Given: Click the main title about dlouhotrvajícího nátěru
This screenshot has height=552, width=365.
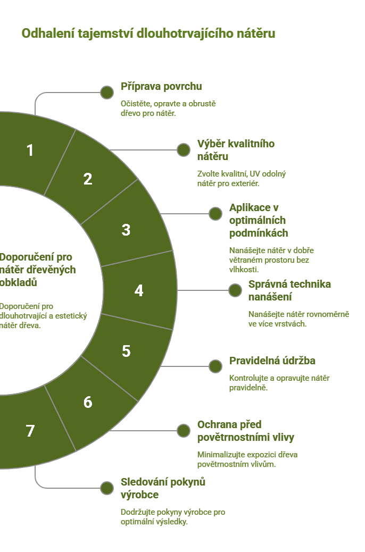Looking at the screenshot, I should (x=148, y=34).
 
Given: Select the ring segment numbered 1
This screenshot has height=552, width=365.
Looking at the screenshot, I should (x=32, y=150).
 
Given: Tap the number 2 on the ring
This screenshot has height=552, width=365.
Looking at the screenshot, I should (x=88, y=179).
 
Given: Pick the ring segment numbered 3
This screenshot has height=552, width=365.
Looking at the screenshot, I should (x=126, y=230).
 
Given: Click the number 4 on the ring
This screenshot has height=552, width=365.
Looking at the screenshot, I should (x=139, y=290).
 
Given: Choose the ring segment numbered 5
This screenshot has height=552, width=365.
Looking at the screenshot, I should (x=126, y=351).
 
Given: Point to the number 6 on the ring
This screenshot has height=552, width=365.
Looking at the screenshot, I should (x=88, y=402).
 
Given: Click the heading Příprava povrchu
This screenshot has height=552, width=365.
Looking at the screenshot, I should (x=161, y=86).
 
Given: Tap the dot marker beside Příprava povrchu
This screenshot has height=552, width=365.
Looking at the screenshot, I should (x=107, y=93).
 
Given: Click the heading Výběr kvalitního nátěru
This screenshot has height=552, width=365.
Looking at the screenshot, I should (x=236, y=150).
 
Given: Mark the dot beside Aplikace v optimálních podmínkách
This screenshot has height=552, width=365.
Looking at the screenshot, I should (x=215, y=214).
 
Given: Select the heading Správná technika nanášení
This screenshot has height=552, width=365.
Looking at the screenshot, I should (x=290, y=290).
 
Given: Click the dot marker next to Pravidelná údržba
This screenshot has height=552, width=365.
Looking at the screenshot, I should (x=215, y=366).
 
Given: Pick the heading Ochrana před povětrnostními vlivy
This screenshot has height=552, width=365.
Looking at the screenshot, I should (x=246, y=431).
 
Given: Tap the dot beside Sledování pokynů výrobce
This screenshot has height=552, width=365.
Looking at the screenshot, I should (x=107, y=488).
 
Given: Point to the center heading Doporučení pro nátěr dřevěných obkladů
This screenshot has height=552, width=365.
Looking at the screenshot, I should (x=37, y=270).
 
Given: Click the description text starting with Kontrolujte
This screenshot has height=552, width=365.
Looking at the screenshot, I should (x=279, y=383).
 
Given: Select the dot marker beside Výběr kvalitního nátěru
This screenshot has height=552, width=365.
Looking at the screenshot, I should (x=184, y=150).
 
